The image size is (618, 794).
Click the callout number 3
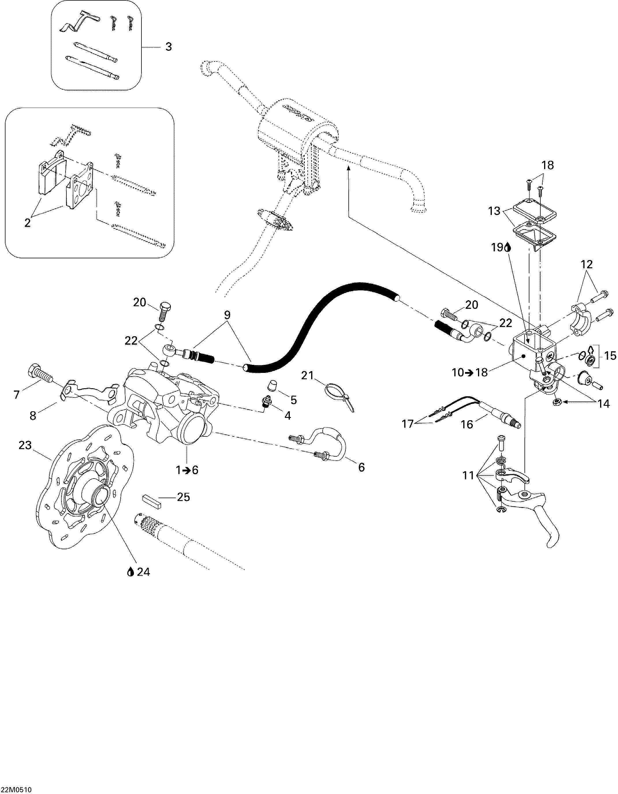[x=168, y=47]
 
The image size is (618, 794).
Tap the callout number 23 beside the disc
[x=25, y=445]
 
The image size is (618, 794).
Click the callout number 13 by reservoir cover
[x=495, y=211]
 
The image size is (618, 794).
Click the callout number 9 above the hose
[x=227, y=315]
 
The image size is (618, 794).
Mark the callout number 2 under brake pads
[x=27, y=223]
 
